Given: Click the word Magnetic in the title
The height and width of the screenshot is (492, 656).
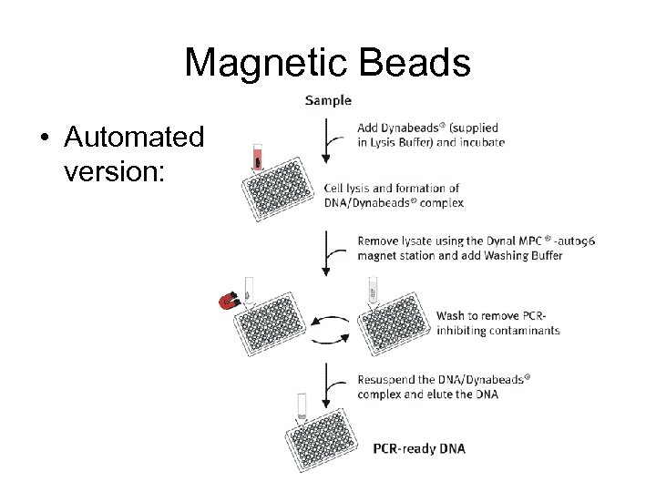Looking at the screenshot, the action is (263, 63).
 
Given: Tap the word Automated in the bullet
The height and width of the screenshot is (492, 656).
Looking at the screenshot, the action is (133, 138).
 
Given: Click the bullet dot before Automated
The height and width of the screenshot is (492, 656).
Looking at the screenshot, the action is (43, 138).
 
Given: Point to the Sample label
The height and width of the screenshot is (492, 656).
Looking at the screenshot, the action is (327, 100).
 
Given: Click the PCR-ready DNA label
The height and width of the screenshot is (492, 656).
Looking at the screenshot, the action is (419, 448).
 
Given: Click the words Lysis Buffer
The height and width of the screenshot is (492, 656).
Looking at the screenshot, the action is (404, 142).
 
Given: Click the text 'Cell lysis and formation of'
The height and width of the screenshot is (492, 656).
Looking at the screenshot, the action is (392, 189).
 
